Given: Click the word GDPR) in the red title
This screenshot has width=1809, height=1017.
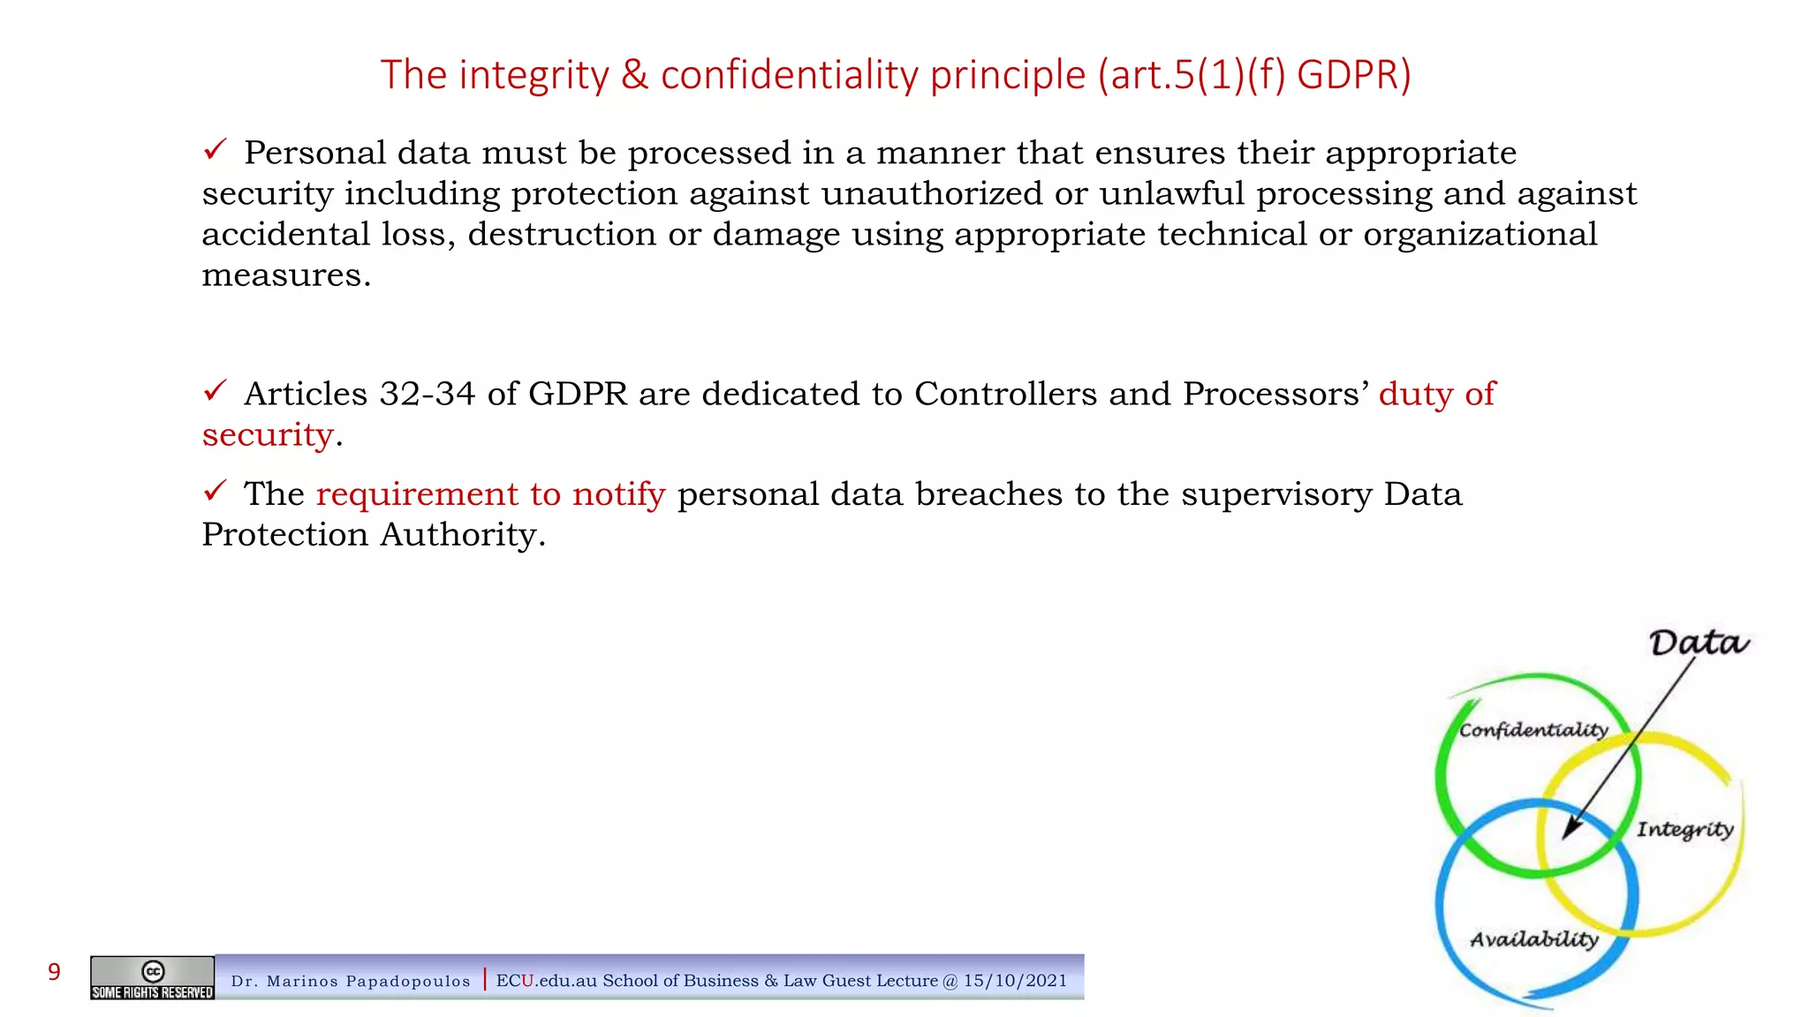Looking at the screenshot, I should coord(1353,76).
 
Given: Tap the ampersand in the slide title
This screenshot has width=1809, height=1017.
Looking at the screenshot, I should coord(634,76).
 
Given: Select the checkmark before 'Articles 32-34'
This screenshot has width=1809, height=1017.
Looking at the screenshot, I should coord(216,390).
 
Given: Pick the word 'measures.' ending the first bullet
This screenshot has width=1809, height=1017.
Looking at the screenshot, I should coord(286,275).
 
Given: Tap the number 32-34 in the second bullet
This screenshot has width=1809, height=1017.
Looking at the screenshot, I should coord(428,394).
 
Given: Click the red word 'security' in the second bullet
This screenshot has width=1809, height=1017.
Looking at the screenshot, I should coord(268,435).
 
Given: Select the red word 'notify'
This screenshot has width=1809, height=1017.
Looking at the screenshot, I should coord(618,494).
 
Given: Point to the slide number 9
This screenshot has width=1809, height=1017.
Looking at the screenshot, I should coord(54,973).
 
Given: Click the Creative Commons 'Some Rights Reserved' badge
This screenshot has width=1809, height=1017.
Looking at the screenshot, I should coord(152,978).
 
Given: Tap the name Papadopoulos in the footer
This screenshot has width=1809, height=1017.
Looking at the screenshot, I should coord(408,982).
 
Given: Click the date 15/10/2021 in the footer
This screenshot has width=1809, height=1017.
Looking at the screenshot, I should coord(1015,981).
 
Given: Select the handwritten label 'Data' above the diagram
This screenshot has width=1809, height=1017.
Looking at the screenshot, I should coord(1698,643).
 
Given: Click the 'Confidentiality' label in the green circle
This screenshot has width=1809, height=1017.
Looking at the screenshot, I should coord(1533,730).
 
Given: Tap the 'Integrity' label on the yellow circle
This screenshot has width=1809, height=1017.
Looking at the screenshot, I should coord(1684,830).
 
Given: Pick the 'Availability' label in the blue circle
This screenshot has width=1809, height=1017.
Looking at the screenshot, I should coord(1534,939).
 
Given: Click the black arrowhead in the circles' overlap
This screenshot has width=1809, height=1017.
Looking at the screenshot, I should coord(1572,828).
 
